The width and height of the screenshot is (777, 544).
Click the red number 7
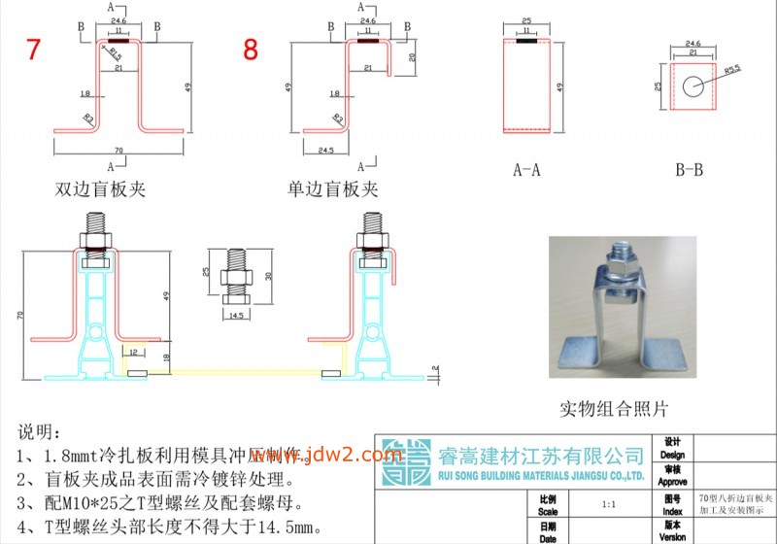pos(33,50)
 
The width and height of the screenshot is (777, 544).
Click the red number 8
pos(251,50)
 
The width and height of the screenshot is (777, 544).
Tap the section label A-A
pos(527,170)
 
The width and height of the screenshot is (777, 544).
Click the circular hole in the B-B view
pos(692,85)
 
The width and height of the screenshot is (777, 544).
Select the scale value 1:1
pos(608,505)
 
